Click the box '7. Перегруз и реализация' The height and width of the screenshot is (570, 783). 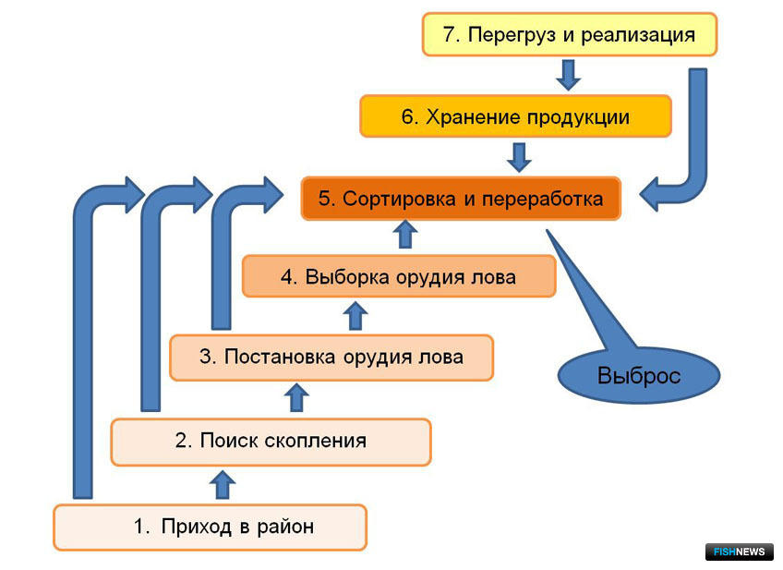point(570,34)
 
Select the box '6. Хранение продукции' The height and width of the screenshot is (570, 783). point(515,116)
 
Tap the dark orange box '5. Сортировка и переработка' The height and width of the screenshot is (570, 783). point(461,199)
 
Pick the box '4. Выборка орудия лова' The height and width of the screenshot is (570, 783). point(399,276)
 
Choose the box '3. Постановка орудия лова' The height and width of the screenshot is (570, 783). point(331,358)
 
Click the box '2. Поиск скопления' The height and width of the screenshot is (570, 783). point(271,441)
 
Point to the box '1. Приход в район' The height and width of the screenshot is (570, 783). point(211,527)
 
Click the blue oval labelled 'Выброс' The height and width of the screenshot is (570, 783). point(639,376)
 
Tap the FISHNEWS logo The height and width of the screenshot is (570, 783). point(739,552)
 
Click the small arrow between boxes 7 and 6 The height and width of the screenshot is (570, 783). point(568,75)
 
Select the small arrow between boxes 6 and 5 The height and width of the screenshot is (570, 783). point(519,157)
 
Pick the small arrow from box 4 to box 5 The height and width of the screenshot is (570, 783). point(405,235)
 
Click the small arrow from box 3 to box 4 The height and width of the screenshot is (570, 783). point(355,315)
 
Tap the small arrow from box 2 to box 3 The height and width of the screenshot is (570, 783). point(296,397)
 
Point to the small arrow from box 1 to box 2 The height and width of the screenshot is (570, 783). point(223,484)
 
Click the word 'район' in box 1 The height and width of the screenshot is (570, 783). point(285,527)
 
